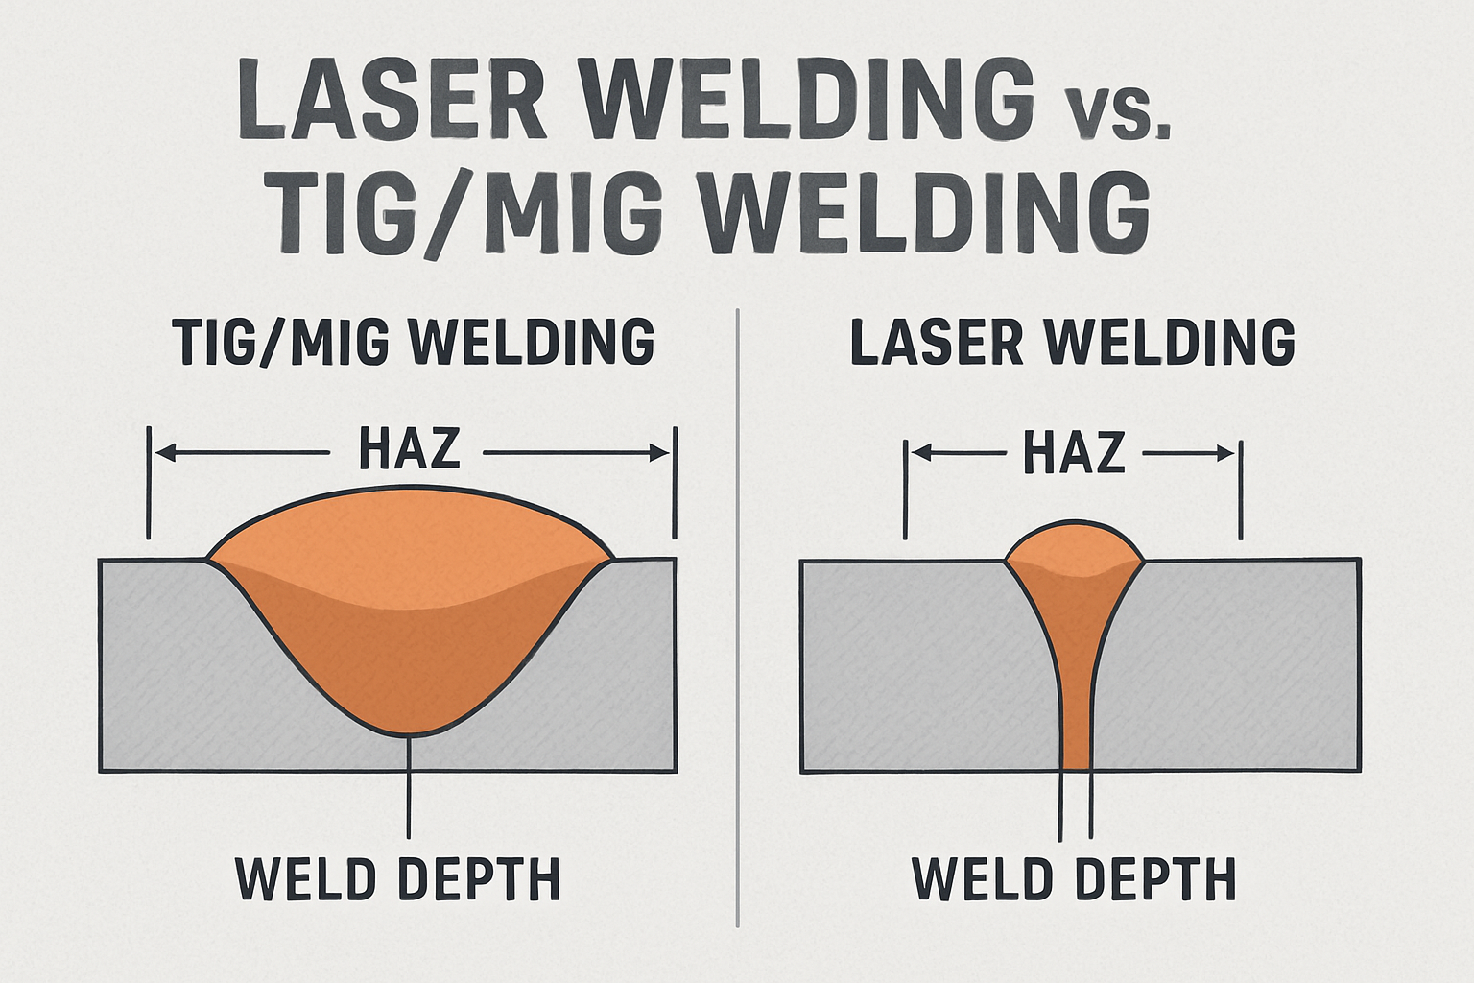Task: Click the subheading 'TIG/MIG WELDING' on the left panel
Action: click(x=414, y=342)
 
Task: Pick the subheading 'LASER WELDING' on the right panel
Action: click(x=1073, y=342)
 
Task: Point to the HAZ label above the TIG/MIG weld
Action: click(x=410, y=448)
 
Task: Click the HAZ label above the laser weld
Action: click(x=1073, y=451)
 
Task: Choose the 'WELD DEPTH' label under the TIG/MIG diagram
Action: click(x=398, y=877)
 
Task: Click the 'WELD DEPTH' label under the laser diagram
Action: click(x=1074, y=877)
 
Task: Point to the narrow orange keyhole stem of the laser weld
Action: click(x=1077, y=691)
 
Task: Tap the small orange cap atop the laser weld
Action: click(x=1074, y=546)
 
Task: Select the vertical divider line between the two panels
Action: click(x=737, y=614)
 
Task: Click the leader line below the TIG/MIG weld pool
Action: click(x=410, y=787)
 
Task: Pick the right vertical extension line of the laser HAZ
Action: click(x=1242, y=490)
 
